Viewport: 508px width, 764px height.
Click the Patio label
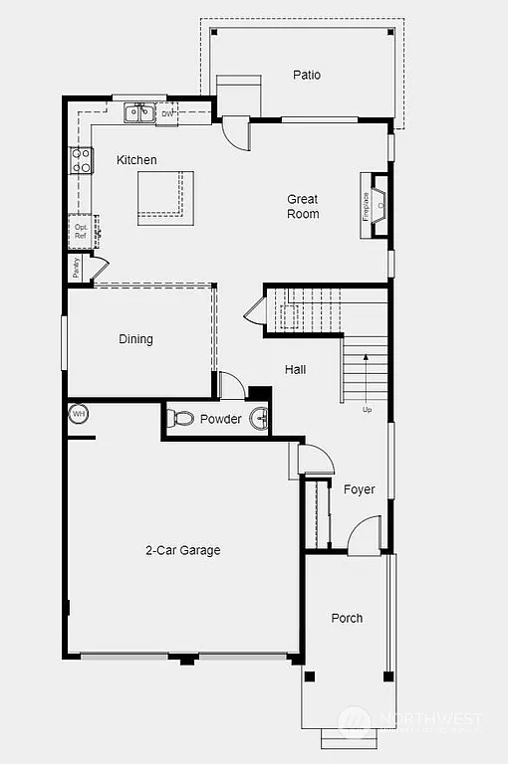(307, 75)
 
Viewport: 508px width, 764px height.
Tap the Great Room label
(303, 206)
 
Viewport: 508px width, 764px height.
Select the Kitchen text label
(136, 160)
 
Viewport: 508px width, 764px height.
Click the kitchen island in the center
(164, 192)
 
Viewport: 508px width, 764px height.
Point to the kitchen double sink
(139, 113)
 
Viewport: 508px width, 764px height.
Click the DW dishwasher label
(167, 113)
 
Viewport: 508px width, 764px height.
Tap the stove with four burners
(81, 160)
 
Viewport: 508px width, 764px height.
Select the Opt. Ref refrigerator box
(82, 231)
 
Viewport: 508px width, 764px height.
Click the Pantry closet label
(76, 268)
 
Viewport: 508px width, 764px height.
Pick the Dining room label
(136, 339)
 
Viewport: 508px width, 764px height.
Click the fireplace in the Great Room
(376, 206)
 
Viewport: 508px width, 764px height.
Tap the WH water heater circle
(79, 414)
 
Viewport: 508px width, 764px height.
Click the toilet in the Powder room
(180, 419)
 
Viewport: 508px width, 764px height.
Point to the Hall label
(296, 369)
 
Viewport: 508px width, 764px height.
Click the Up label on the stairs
(367, 409)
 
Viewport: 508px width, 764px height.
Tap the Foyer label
(359, 489)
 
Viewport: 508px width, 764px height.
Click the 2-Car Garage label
(183, 550)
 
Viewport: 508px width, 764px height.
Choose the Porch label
(347, 618)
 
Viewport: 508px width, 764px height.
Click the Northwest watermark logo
(354, 720)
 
